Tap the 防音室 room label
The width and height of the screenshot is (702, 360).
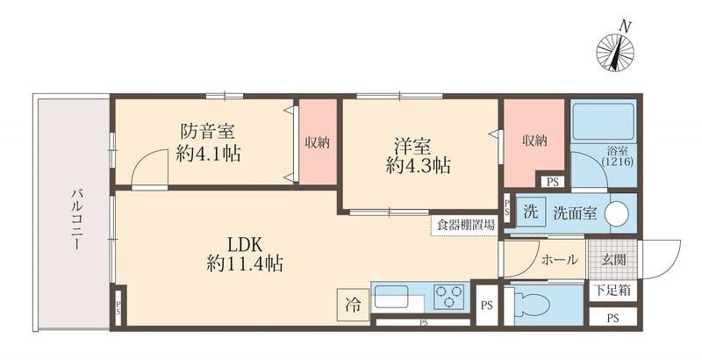point(208,132)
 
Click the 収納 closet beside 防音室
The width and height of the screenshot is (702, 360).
point(317,142)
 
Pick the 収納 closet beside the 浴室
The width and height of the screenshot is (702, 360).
point(533,140)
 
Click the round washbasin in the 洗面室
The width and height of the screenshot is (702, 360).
point(617,213)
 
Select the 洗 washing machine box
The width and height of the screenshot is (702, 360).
point(530,212)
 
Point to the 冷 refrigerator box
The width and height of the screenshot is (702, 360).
point(352,306)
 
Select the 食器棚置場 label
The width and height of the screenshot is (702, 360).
point(464,224)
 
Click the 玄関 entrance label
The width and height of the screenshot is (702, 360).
point(612,260)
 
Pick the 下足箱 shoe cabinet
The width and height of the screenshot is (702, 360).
point(613,290)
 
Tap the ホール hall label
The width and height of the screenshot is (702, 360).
point(560,260)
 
